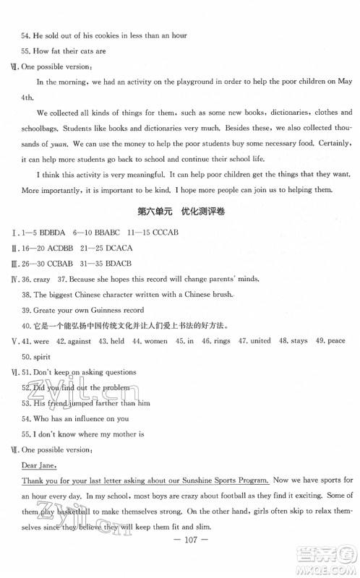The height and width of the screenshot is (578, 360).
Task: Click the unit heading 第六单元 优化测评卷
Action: tap(179, 211)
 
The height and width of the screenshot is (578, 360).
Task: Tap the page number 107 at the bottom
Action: tap(179, 560)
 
